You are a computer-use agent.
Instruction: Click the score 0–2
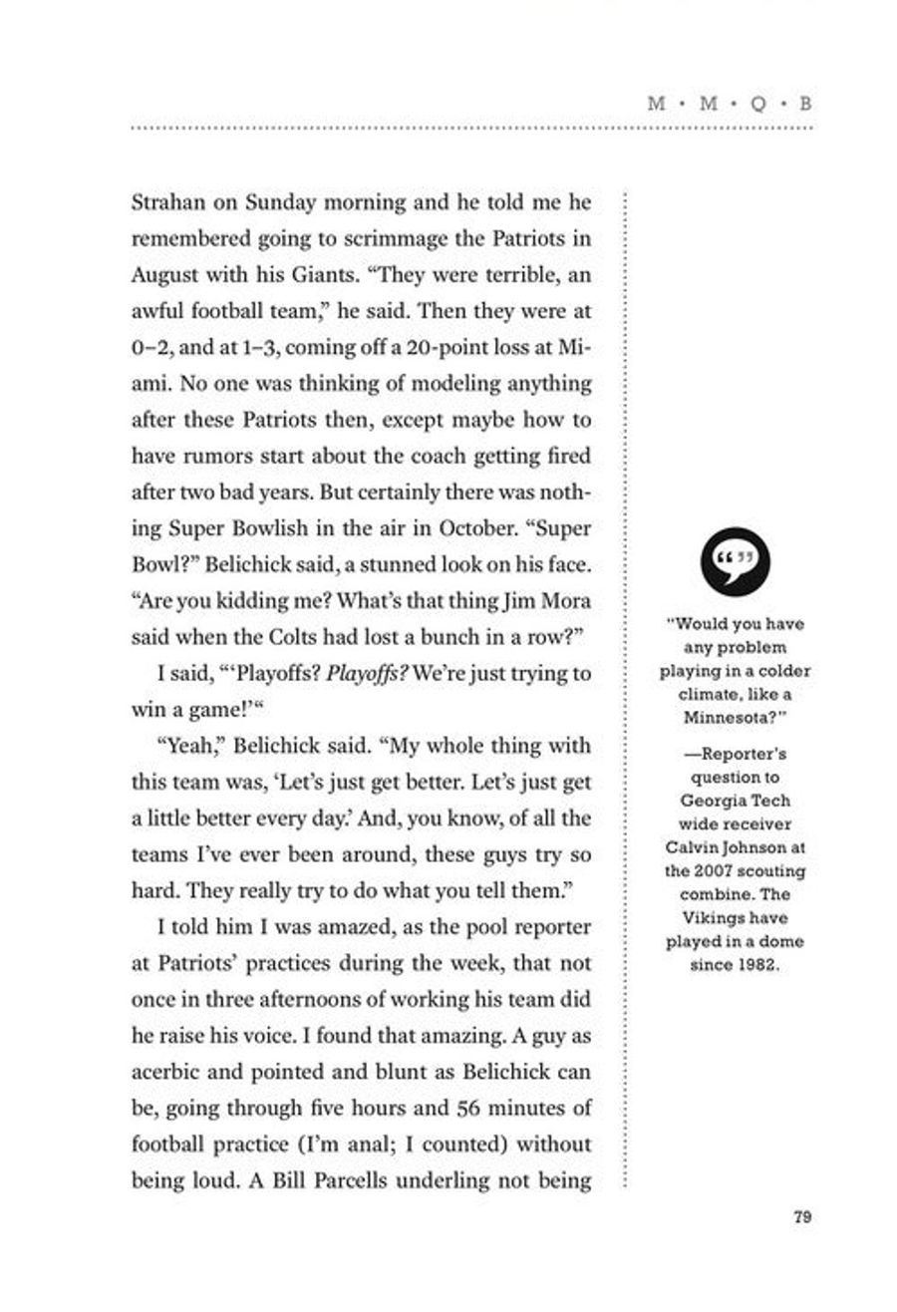click(151, 348)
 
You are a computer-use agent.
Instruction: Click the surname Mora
click(566, 601)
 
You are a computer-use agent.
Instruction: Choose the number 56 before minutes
click(468, 1109)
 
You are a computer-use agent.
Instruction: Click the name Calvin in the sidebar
click(689, 847)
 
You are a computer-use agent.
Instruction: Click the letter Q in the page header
click(756, 104)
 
